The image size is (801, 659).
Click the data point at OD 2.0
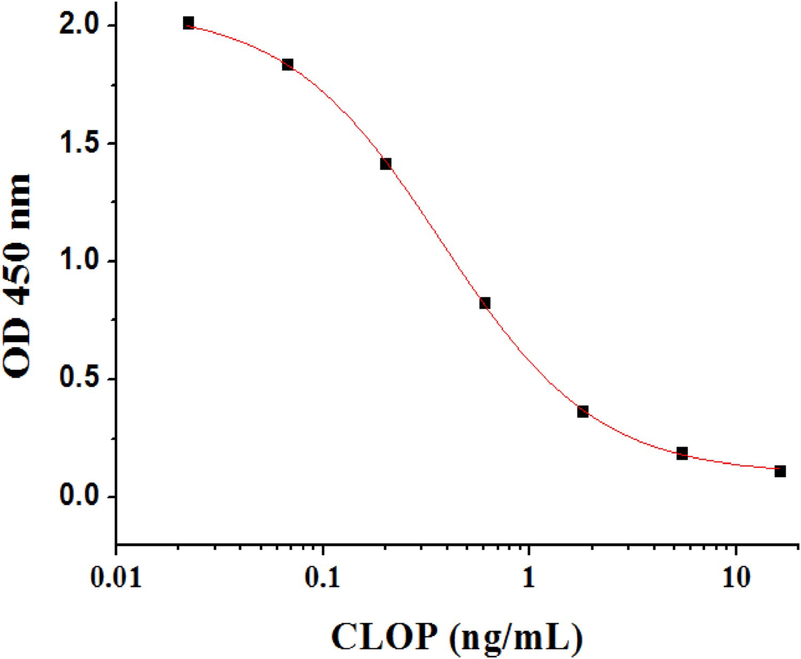(188, 23)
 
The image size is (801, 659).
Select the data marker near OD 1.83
(287, 65)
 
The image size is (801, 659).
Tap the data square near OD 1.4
(386, 163)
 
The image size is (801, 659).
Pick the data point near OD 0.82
(484, 303)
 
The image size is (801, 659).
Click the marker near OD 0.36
(583, 411)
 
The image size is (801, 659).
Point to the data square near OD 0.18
(682, 453)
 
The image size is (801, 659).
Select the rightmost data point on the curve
(780, 471)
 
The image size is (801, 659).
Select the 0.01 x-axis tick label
(116, 577)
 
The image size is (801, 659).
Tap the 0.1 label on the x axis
(323, 577)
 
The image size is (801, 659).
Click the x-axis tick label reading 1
(528, 577)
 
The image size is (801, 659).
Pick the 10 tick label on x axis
(736, 577)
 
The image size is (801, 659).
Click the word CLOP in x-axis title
(383, 636)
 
